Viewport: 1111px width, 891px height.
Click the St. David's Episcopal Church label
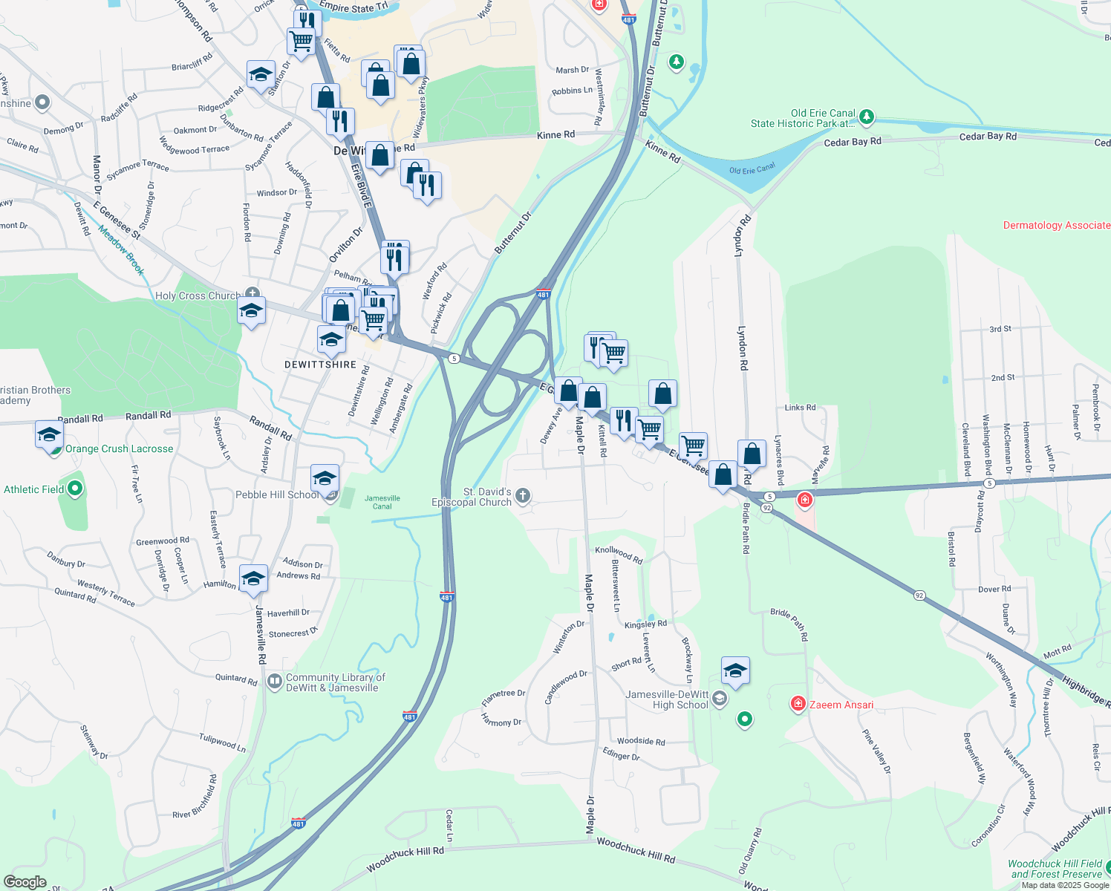click(x=472, y=497)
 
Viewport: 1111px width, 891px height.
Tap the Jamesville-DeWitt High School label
click(x=667, y=700)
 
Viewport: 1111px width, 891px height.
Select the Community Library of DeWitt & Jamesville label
click(x=336, y=682)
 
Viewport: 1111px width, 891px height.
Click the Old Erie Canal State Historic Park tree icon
click(x=866, y=117)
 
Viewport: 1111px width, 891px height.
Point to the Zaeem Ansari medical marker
click(x=798, y=704)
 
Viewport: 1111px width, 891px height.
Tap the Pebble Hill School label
click(x=277, y=495)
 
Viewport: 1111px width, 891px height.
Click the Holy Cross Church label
click(x=198, y=296)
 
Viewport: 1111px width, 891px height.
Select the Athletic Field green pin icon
click(x=75, y=489)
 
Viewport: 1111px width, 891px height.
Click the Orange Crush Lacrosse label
click(x=119, y=449)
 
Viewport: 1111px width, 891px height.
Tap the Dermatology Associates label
click(x=1057, y=225)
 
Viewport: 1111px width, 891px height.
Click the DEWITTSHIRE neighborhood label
click(x=321, y=365)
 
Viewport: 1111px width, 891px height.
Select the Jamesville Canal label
click(x=382, y=503)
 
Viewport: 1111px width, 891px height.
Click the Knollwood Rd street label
click(x=619, y=554)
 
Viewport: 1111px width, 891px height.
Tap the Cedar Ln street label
click(x=449, y=826)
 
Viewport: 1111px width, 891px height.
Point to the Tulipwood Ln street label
click(x=222, y=742)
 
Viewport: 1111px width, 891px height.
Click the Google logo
click(x=25, y=882)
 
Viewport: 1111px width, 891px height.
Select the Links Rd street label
click(x=800, y=408)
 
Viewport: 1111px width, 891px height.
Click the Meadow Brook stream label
click(x=121, y=251)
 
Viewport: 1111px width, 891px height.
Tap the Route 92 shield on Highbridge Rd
click(x=919, y=595)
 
